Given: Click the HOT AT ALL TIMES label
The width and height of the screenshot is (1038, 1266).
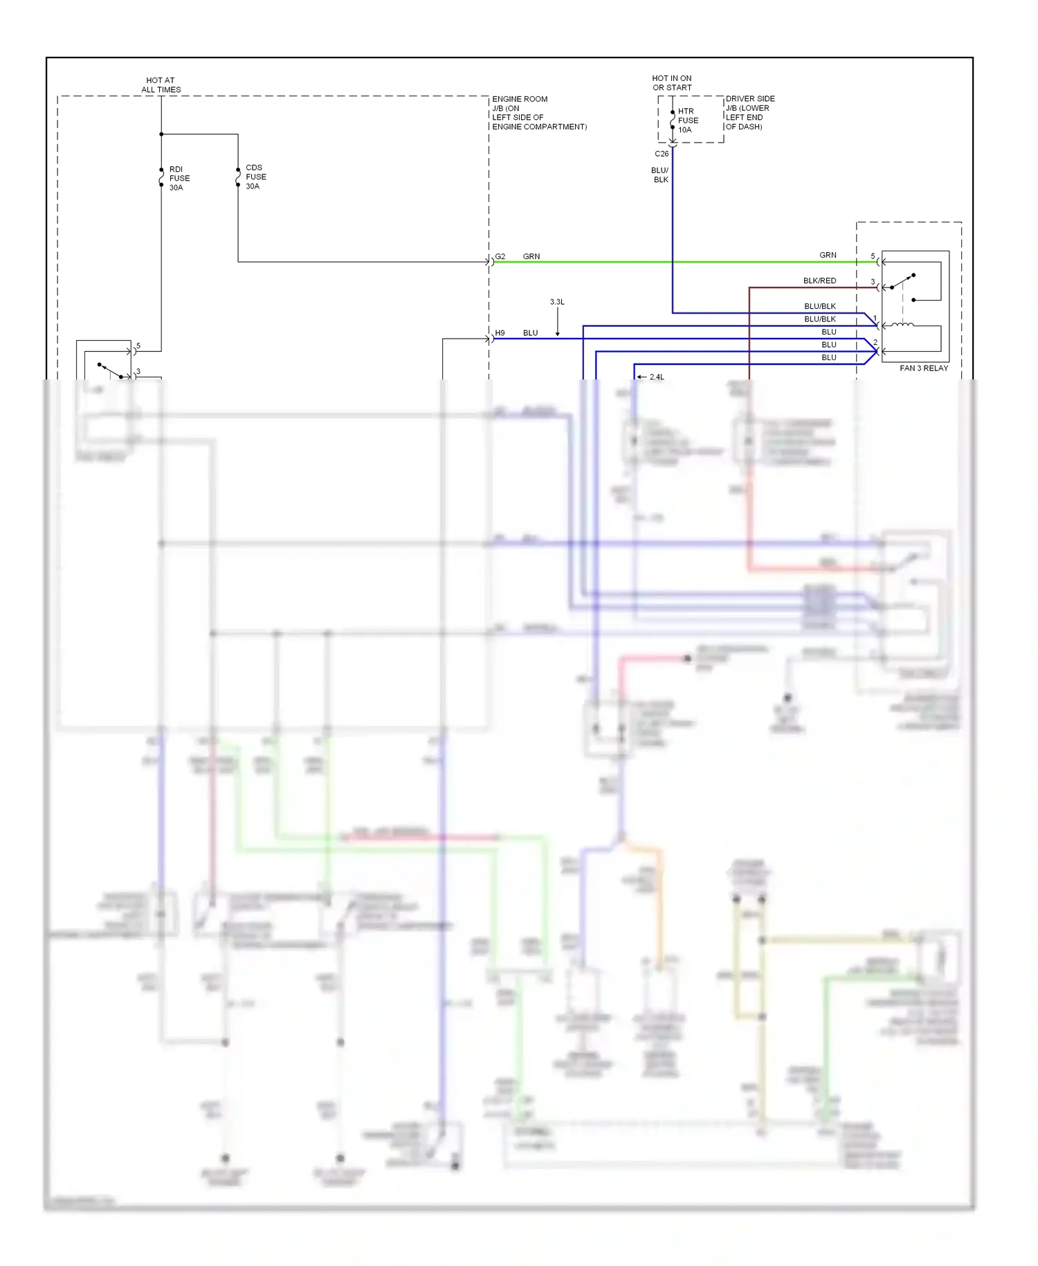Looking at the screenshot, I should coord(161,85).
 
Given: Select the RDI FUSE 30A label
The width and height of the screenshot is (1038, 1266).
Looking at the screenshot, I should coord(179,179).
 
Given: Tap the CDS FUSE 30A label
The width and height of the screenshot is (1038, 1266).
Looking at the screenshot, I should coord(255,177).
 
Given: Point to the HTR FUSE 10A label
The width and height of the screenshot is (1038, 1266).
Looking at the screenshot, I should coord(687,121).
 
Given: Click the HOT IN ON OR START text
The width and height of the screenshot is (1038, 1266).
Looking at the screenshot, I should coord(671,83).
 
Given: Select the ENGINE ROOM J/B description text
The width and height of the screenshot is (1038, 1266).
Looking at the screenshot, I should coord(539,113).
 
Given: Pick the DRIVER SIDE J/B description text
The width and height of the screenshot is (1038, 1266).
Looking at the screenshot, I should coord(749,113).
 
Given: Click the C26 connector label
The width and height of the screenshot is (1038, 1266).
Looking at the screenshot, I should coord(662,154).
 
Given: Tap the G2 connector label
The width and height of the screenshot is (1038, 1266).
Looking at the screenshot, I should coord(500,256).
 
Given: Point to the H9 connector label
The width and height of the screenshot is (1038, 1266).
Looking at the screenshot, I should coord(500,333).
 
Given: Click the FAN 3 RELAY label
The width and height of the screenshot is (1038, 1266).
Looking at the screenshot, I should coord(923,368).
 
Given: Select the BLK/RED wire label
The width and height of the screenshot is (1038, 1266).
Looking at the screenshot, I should coord(819,280).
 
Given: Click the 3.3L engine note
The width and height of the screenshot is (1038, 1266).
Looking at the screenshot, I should coord(557,302).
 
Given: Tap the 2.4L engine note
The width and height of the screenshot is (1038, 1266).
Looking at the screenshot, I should coord(656,377).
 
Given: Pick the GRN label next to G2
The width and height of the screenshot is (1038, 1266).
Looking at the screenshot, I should coord(531,256).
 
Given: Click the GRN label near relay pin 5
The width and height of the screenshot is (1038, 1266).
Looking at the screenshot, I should coord(828,256).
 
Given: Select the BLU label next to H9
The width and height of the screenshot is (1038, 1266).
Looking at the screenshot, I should coord(530,333).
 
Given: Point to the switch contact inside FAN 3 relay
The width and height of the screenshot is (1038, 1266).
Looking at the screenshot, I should coord(903,280).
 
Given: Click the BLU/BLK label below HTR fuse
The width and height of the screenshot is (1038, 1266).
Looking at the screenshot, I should coord(660,175).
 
